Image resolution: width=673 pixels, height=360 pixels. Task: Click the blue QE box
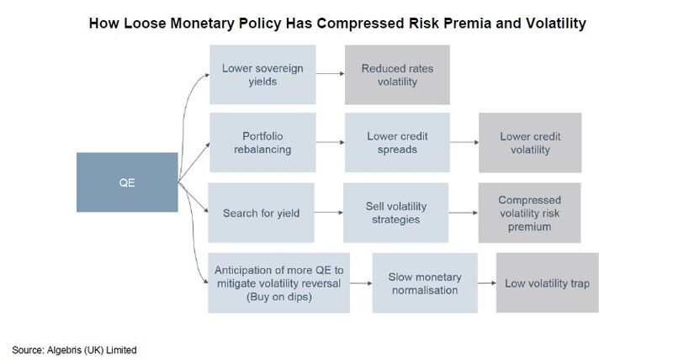pyautogui.click(x=127, y=183)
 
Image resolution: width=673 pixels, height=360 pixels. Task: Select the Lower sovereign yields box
pyautogui.click(x=262, y=75)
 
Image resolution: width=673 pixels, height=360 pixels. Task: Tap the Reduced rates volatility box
pyautogui.click(x=397, y=75)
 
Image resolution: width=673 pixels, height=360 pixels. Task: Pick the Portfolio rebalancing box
pyautogui.click(x=262, y=142)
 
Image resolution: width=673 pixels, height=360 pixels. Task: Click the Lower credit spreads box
pyautogui.click(x=397, y=142)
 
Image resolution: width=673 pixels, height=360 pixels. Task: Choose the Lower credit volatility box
pyautogui.click(x=530, y=142)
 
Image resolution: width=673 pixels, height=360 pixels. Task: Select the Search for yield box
pyautogui.click(x=261, y=213)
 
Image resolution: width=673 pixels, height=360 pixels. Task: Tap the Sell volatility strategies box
pyautogui.click(x=395, y=213)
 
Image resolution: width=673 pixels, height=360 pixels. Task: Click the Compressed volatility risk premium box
pyautogui.click(x=530, y=213)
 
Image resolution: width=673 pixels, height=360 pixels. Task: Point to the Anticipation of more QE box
pyautogui.click(x=279, y=283)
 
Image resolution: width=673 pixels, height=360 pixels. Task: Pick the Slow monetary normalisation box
pyautogui.click(x=425, y=283)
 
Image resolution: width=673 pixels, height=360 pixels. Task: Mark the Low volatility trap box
pyautogui.click(x=548, y=283)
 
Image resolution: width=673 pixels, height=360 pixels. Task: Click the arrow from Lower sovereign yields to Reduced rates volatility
pyautogui.click(x=331, y=74)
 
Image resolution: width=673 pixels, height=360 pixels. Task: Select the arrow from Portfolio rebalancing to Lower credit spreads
pyautogui.click(x=331, y=142)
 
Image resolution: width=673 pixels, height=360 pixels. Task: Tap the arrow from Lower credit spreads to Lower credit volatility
pyautogui.click(x=464, y=142)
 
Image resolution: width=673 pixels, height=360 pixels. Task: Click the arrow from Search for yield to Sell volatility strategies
pyautogui.click(x=329, y=213)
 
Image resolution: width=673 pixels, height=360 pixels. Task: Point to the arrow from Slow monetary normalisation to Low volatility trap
pyautogui.click(x=487, y=283)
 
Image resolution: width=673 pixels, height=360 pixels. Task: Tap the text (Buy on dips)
pyautogui.click(x=279, y=297)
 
